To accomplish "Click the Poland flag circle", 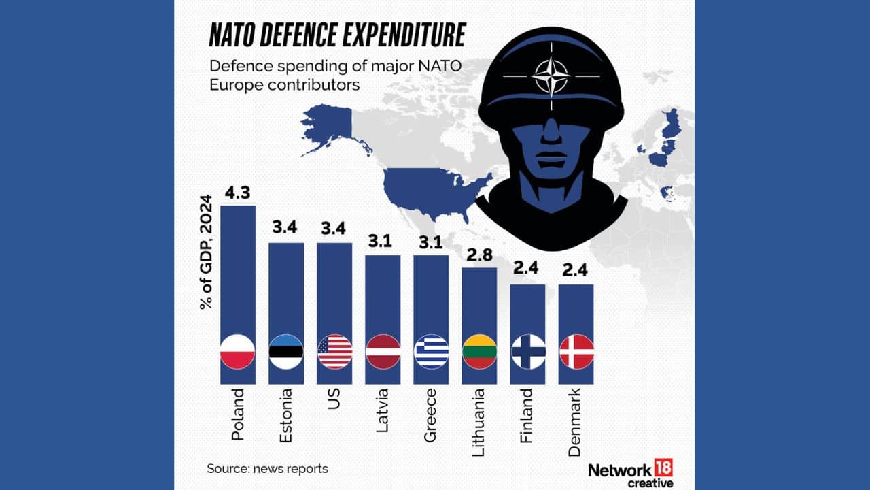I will click(x=237, y=352).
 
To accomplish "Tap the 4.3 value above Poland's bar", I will click(x=237, y=193).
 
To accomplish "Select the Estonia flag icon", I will click(x=286, y=352).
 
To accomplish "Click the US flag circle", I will click(x=334, y=352).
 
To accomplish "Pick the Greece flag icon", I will click(x=432, y=352).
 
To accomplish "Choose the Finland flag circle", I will click(x=528, y=352).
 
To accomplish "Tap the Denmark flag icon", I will click(x=576, y=352).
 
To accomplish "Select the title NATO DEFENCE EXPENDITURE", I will click(x=336, y=35).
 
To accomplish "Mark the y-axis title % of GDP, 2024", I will click(x=206, y=252).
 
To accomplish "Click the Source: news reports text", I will click(x=267, y=469).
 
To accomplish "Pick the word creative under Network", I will click(x=650, y=483).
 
